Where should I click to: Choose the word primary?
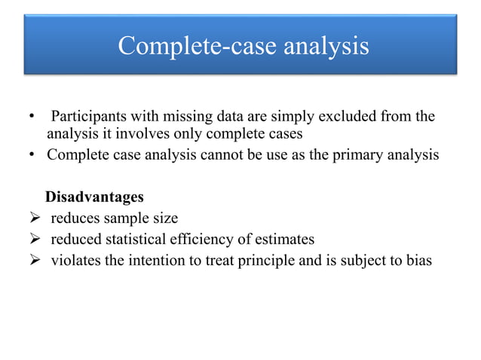tap(363, 156)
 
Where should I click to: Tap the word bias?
tap(421, 261)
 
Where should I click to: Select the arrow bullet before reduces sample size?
tap(35, 219)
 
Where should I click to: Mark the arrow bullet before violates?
tap(35, 261)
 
